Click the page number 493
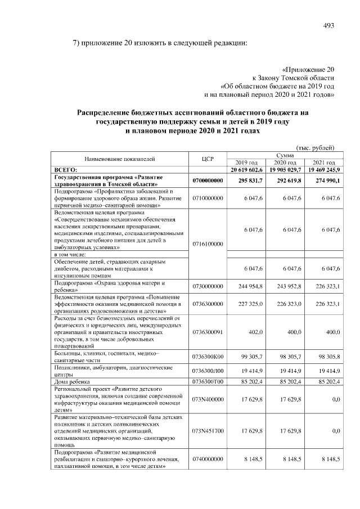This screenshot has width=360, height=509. tap(329, 25)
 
